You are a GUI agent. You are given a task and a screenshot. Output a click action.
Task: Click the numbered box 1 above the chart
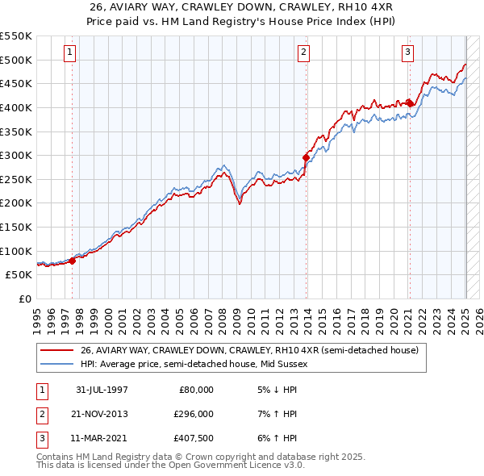[x=70, y=52]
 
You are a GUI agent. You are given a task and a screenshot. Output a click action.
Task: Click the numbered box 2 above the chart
[x=304, y=52]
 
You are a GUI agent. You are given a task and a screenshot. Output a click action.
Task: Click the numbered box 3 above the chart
[x=408, y=52]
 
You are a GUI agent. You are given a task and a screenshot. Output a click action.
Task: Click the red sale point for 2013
[x=306, y=157]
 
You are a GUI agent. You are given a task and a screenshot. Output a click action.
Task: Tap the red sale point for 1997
[x=73, y=260]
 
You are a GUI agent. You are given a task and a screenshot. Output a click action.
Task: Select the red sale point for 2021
[x=410, y=103]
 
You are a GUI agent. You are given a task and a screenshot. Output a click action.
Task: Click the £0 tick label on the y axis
[x=24, y=299]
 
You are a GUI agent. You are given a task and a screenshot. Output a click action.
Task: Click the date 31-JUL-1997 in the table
[x=102, y=390]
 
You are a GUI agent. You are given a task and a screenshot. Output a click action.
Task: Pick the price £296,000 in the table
[x=194, y=415]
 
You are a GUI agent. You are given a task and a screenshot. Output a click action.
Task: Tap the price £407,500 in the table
[x=194, y=440]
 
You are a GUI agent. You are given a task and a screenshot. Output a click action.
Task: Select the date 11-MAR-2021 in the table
[x=102, y=440]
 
